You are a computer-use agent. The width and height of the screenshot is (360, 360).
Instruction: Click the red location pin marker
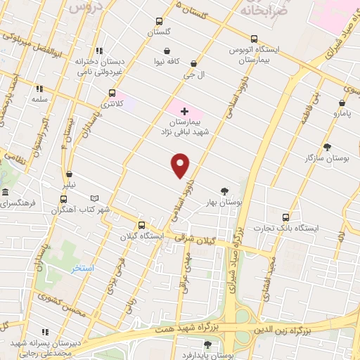pyautogui.click(x=181, y=165)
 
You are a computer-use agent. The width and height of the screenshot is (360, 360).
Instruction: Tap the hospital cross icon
pyautogui.click(x=184, y=111)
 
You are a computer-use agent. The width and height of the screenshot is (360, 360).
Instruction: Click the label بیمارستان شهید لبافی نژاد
pyautogui.click(x=184, y=127)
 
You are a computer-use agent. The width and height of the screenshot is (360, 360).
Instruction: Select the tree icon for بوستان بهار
pyautogui.click(x=224, y=191)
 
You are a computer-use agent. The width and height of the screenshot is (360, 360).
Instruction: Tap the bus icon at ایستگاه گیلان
pyautogui.click(x=142, y=226)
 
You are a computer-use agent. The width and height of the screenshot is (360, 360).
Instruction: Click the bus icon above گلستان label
pyautogui.click(x=160, y=21)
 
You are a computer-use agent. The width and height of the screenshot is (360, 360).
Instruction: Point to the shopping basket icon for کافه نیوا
pyautogui.click(x=167, y=51)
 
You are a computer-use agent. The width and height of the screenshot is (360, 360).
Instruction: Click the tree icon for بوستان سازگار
pyautogui.click(x=327, y=147)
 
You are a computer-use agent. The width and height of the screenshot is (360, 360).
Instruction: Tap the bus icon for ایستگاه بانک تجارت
pyautogui.click(x=285, y=217)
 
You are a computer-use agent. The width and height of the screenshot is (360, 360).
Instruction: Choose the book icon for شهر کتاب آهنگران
pyautogui.click(x=105, y=199)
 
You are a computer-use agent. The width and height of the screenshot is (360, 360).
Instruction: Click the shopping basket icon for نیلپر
pyautogui.click(x=69, y=174)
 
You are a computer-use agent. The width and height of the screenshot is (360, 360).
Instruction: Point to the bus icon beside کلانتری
pyautogui.click(x=112, y=93)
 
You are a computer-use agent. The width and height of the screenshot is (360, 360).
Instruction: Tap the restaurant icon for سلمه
pyautogui.click(x=39, y=89)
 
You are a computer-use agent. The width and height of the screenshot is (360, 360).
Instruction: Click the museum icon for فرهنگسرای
pyautogui.click(x=5, y=193)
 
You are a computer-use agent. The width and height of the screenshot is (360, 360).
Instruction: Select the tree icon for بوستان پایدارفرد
pyautogui.click(x=207, y=344)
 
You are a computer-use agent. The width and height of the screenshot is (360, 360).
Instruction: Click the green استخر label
pyautogui.click(x=82, y=269)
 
